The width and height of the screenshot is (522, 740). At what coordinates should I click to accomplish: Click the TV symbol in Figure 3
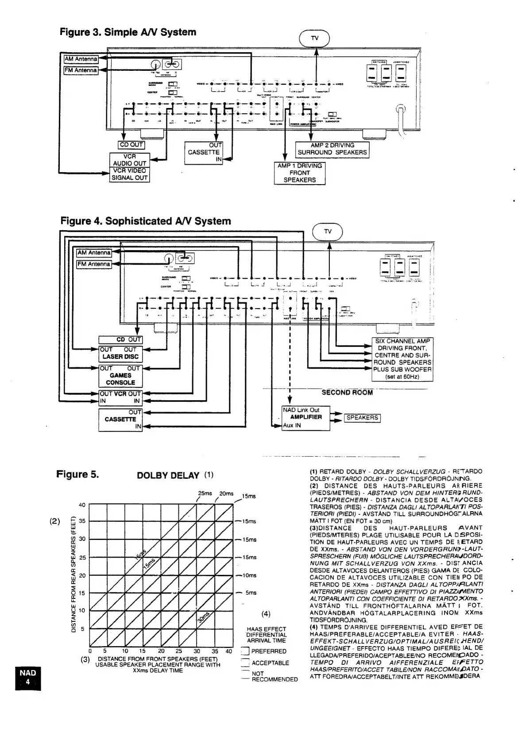(315, 38)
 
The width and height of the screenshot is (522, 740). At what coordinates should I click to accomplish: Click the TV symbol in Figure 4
(328, 231)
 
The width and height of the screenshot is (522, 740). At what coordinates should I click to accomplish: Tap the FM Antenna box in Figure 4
(94, 264)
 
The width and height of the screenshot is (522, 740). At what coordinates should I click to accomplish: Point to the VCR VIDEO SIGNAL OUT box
(129, 174)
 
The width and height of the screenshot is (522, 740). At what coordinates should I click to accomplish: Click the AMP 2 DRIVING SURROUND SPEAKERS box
(332, 149)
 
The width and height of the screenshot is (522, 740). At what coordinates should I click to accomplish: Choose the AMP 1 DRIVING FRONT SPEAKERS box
(300, 173)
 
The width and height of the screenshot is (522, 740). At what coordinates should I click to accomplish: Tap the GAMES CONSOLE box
(120, 375)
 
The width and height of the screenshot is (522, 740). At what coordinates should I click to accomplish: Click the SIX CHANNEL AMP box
(402, 359)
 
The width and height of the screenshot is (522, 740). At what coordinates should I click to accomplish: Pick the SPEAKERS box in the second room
(362, 418)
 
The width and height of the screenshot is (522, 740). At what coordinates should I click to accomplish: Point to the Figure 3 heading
(128, 32)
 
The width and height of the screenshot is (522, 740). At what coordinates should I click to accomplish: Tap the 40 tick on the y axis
(82, 505)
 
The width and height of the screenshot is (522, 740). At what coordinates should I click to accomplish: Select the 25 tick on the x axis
(178, 651)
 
